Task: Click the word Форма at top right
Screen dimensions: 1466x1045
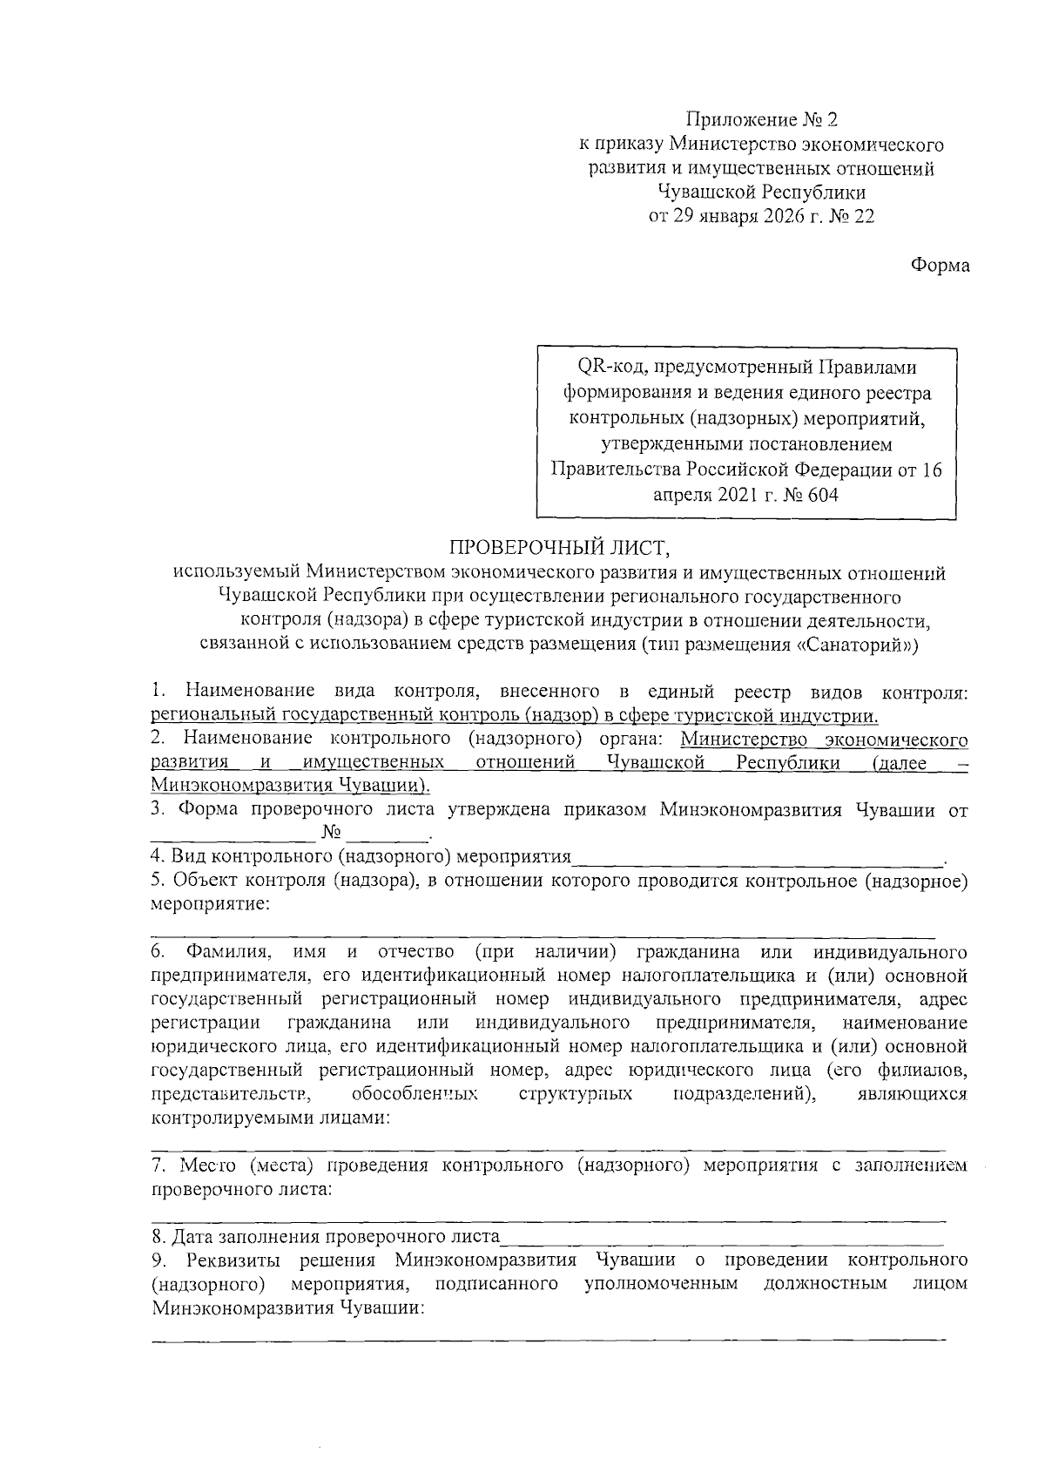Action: (940, 266)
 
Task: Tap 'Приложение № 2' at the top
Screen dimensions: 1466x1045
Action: (762, 118)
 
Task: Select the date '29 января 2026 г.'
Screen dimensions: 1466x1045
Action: (745, 217)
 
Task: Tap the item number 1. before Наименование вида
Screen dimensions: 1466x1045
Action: (158, 692)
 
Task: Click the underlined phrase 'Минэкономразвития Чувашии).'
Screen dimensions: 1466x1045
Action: (292, 786)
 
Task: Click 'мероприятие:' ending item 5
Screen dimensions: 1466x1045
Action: (210, 904)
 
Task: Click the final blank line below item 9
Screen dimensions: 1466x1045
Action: (549, 1337)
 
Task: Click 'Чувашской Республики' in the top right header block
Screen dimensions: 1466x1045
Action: (762, 193)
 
